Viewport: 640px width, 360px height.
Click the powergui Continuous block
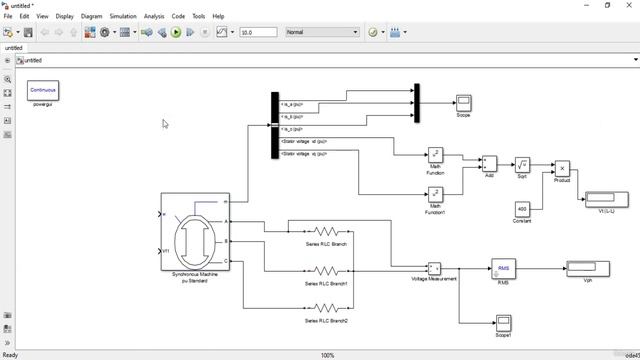tap(43, 90)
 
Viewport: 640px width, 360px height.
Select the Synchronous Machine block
tap(195, 231)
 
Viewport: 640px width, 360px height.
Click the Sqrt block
tap(522, 165)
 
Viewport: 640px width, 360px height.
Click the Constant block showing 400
tap(522, 208)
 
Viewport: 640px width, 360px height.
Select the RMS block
tap(503, 268)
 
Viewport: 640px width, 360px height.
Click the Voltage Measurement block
tap(434, 268)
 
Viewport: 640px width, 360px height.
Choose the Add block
tap(489, 162)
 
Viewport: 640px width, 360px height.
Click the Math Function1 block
tap(436, 194)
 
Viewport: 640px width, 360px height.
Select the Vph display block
tap(587, 268)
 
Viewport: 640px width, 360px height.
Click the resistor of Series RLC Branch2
tap(326, 309)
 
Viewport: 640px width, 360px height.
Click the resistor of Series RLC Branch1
tap(326, 271)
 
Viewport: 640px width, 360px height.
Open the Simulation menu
tap(123, 16)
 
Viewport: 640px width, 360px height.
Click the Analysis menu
tap(154, 16)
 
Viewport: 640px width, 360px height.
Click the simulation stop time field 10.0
tap(258, 32)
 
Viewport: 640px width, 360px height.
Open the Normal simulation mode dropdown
tap(322, 32)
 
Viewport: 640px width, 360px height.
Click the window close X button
tap(629, 5)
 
